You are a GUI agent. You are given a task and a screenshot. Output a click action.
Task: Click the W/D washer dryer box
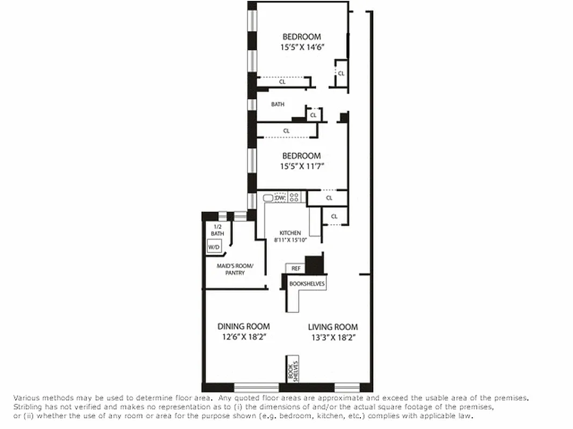pyautogui.click(x=214, y=247)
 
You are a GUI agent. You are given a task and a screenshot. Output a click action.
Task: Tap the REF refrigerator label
pyautogui.click(x=295, y=268)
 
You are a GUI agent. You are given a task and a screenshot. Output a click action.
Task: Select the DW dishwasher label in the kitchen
pyautogui.click(x=279, y=198)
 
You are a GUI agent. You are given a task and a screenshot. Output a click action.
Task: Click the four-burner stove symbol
pyautogui.click(x=294, y=197)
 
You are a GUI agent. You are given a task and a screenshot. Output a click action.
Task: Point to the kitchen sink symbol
pyautogui.click(x=268, y=198)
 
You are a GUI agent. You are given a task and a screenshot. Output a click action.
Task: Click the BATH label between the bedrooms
pyautogui.click(x=278, y=105)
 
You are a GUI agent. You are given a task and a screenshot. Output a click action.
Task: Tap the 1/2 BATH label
pyautogui.click(x=217, y=230)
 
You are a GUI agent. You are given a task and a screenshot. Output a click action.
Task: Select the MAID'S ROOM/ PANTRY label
pyautogui.click(x=235, y=269)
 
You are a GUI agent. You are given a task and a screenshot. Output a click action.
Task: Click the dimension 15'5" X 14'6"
pyautogui.click(x=302, y=47)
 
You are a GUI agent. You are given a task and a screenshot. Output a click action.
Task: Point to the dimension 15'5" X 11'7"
pyautogui.click(x=302, y=166)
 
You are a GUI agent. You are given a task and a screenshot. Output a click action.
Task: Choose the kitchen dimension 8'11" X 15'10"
pyautogui.click(x=290, y=240)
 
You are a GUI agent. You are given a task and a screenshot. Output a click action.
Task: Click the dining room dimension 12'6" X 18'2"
pyautogui.click(x=243, y=337)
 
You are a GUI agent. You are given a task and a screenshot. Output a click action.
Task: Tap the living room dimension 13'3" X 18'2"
pyautogui.click(x=333, y=337)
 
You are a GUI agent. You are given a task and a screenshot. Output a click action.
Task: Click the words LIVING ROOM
pyautogui.click(x=333, y=327)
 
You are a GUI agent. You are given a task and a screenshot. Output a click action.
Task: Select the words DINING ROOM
pyautogui.click(x=243, y=326)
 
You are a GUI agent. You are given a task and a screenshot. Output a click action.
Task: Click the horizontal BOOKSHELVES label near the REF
pyautogui.click(x=307, y=284)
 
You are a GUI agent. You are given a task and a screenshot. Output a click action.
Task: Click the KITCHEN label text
pyautogui.click(x=290, y=233)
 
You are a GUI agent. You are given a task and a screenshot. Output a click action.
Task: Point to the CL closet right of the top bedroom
pyautogui.click(x=341, y=73)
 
